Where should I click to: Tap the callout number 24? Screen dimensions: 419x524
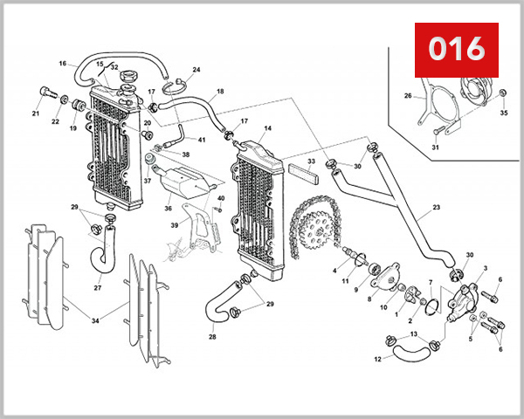[196, 70]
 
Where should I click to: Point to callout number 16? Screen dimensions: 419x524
[63, 64]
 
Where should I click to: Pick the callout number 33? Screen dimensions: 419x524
[311, 162]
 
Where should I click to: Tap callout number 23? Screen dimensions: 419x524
[436, 209]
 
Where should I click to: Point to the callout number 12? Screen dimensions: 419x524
[378, 359]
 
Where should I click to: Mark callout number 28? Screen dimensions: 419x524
[211, 336]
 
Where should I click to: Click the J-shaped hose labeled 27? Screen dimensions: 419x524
[102, 253]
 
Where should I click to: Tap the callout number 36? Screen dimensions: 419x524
[167, 208]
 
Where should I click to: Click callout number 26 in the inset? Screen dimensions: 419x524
[407, 96]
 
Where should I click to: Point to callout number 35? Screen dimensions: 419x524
[503, 113]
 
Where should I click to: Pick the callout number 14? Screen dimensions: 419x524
[267, 129]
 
